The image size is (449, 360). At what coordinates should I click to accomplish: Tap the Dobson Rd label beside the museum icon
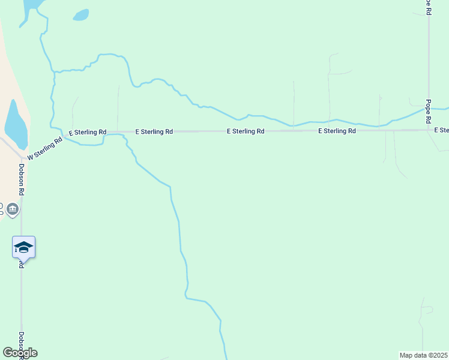tap(21, 180)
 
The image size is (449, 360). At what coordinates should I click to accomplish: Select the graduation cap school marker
tap(23, 247)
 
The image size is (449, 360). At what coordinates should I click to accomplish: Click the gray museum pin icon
tap(13, 209)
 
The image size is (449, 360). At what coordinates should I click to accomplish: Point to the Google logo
tap(20, 353)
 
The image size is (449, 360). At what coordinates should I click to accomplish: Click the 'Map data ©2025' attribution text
tap(424, 355)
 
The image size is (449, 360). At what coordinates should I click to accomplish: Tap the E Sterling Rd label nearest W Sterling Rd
tap(88, 132)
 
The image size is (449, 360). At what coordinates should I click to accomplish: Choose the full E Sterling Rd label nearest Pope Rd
tap(337, 131)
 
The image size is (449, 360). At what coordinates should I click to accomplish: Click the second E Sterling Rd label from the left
tap(154, 131)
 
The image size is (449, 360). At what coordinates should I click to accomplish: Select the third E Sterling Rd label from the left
tap(246, 131)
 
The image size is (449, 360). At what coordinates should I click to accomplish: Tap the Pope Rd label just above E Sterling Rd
tap(429, 111)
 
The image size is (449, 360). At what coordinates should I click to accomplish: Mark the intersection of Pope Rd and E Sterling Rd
tap(429, 130)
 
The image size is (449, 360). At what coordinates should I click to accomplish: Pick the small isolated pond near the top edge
tap(80, 15)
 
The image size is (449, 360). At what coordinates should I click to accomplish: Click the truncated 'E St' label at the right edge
tap(442, 130)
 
